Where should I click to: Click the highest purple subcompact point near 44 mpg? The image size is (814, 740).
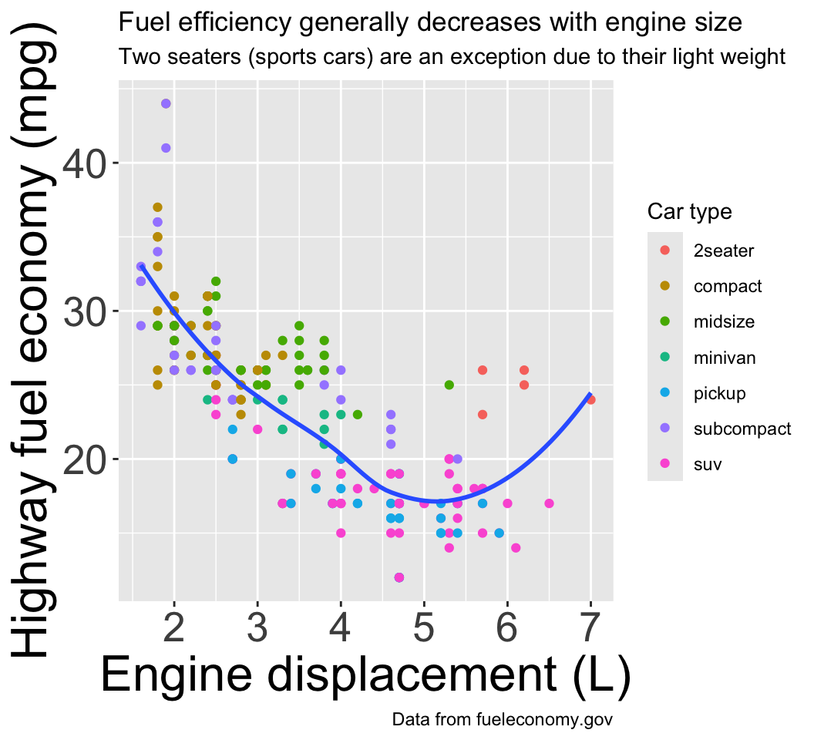(x=166, y=104)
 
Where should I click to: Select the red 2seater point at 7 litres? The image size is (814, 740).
(x=590, y=399)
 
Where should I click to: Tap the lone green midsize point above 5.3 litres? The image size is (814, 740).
(x=449, y=385)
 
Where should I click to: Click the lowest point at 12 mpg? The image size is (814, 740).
(x=399, y=577)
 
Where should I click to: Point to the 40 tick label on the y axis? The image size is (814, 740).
(x=88, y=163)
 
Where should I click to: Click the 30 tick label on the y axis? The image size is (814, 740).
(x=88, y=311)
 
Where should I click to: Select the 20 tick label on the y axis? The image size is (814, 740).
(x=88, y=459)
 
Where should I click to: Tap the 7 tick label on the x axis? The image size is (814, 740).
(x=590, y=629)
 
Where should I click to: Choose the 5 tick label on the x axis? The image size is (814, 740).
(x=424, y=629)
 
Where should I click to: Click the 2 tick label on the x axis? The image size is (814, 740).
(x=174, y=629)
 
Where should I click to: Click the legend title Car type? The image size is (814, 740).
(x=689, y=211)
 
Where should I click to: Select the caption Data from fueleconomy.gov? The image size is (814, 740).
(x=502, y=720)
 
